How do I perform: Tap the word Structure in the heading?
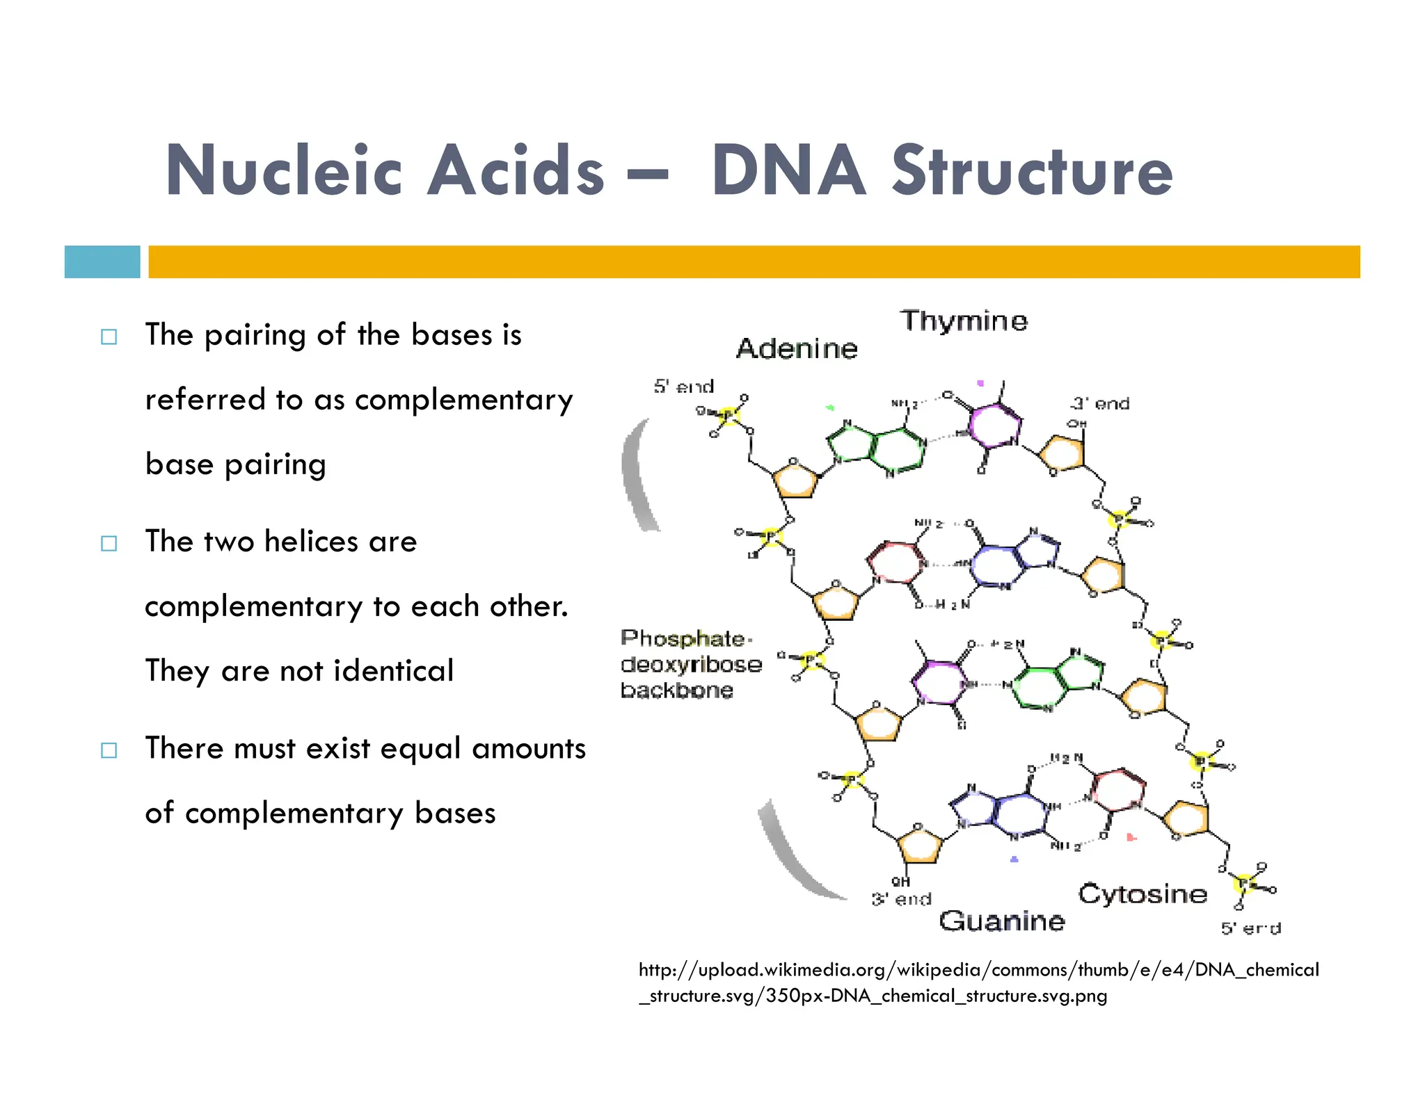1033,171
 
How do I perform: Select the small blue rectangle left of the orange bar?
102,262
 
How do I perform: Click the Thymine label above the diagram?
964,321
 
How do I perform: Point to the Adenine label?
797,348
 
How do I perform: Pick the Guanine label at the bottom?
1001,921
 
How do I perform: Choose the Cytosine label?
1143,893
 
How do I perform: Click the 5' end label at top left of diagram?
684,387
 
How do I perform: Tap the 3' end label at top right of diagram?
1099,403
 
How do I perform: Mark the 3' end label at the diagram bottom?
901,899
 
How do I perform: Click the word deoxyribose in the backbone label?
691,665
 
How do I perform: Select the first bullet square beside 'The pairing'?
109,337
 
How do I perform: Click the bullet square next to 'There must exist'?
109,750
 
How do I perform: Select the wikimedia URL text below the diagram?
978,982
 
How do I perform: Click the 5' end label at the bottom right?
1250,928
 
